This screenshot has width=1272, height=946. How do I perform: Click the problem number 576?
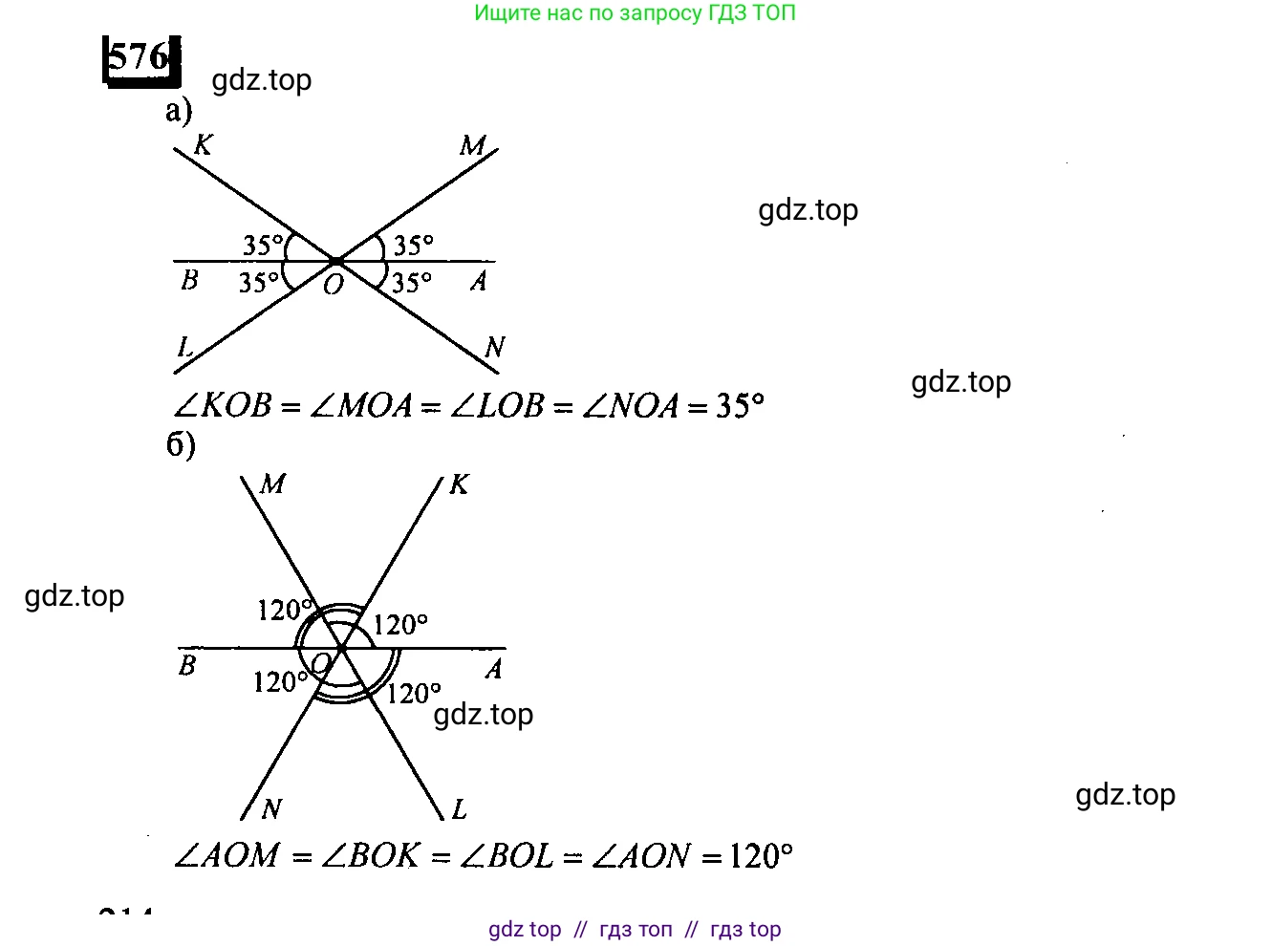click(140, 58)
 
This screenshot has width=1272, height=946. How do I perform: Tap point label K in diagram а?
click(203, 144)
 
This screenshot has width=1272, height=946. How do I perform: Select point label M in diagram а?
click(472, 145)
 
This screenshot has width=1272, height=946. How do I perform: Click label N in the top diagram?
click(494, 347)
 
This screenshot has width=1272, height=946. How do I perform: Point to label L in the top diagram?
click(184, 347)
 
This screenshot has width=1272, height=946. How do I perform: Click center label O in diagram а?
click(333, 285)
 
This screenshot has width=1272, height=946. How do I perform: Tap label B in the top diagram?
click(189, 280)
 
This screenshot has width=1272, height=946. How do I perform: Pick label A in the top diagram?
click(479, 281)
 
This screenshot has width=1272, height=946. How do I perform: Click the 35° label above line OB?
click(263, 246)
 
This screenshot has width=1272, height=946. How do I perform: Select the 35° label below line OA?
click(412, 283)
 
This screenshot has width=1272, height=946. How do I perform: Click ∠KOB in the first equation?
click(223, 406)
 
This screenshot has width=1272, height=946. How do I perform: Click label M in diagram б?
click(272, 484)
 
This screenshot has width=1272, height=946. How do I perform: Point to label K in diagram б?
click(459, 484)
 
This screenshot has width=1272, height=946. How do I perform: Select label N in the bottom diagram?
click(271, 809)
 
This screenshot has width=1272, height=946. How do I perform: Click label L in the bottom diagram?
click(459, 810)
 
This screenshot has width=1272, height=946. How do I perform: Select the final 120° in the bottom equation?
click(761, 855)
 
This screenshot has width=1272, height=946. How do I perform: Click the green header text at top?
click(635, 13)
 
